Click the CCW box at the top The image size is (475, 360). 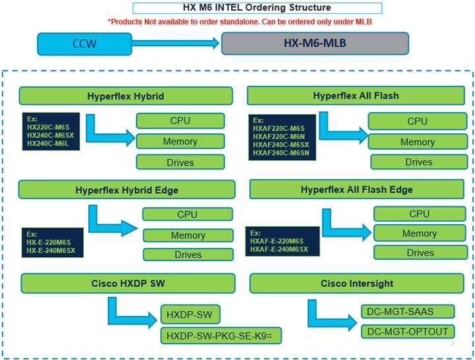click(85, 44)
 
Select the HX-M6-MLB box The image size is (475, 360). click(315, 44)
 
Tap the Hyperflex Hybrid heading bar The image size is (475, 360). click(125, 96)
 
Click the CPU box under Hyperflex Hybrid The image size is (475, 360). click(179, 121)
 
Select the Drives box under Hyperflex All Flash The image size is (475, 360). click(418, 162)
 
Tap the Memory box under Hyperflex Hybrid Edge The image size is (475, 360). click(187, 235)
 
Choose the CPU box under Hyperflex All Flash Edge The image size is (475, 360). click(419, 214)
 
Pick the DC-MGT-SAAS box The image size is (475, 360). click(407, 311)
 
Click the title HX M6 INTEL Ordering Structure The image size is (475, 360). click(257, 9)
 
